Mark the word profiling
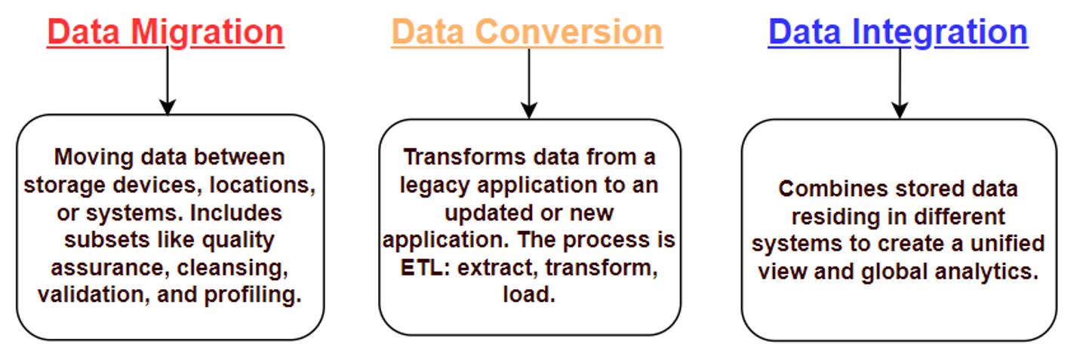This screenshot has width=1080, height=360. pyautogui.click(x=253, y=295)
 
